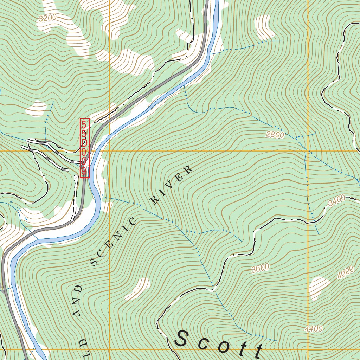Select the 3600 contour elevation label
[260, 268]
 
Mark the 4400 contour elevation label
[314, 329]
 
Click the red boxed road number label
[85, 148]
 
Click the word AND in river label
[78, 300]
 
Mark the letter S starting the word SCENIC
[94, 262]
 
